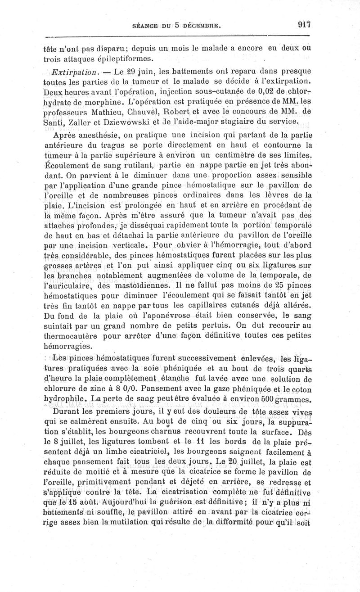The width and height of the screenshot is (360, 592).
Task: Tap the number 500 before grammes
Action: pos(262,399)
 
